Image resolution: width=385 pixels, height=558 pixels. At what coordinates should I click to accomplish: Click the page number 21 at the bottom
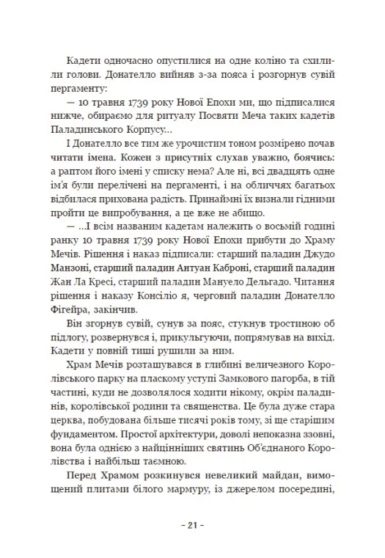(192, 524)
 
